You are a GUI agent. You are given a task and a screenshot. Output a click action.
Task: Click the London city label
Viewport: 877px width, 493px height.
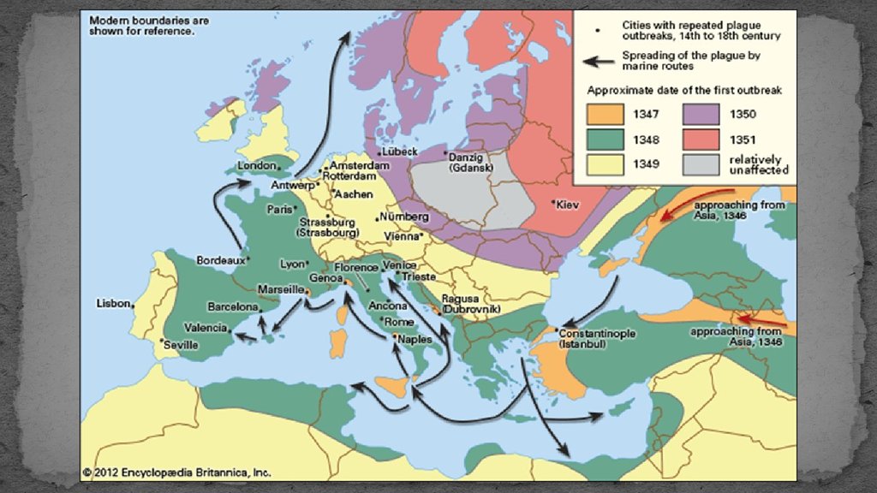257,165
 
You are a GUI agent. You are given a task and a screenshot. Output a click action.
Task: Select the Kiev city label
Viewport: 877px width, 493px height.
569,205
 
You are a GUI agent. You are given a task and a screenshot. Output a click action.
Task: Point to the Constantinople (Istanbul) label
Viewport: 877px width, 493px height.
598,338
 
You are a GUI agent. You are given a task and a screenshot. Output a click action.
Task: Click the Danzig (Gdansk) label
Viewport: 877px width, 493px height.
468,163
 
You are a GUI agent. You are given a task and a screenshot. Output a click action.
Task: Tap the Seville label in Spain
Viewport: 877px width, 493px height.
181,345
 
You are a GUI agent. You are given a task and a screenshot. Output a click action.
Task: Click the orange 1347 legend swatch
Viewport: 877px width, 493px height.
605,114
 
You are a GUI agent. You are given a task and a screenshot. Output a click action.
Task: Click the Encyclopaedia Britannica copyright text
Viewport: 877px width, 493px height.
176,471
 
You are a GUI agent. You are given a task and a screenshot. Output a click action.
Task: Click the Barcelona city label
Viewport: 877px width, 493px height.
232,306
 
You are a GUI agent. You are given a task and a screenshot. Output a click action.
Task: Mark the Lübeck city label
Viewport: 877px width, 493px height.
399,151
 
